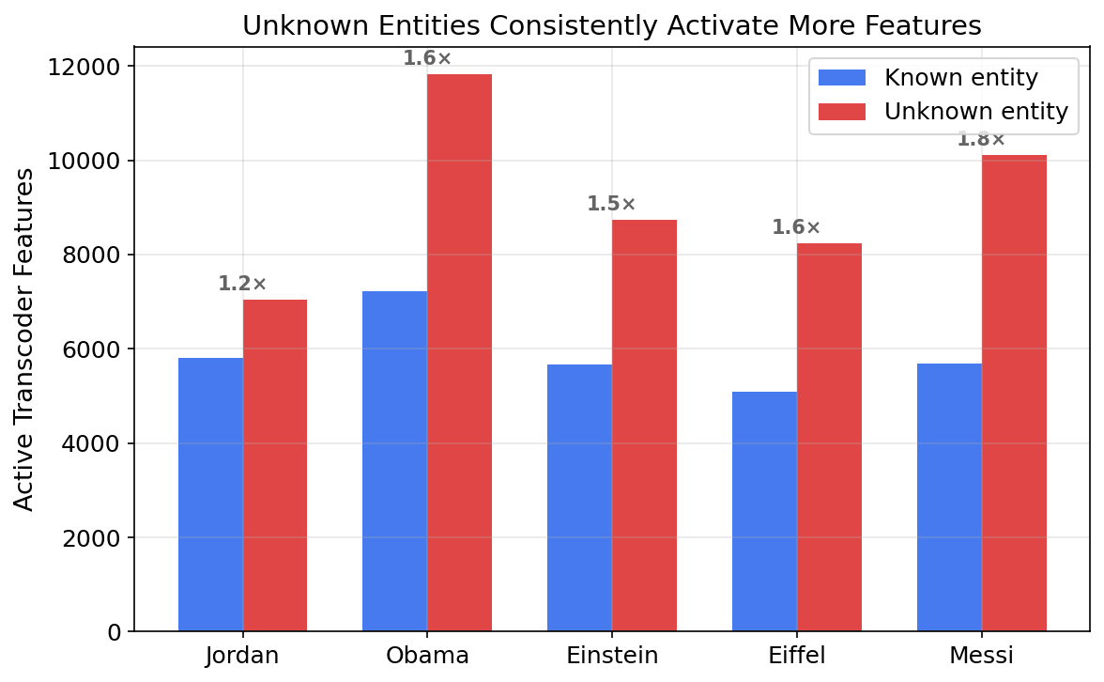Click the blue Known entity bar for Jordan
210,494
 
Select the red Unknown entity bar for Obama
459,352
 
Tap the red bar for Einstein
644,425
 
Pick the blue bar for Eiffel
764,511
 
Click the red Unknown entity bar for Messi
1014,393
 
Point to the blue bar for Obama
394,461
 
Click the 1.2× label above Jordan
242,284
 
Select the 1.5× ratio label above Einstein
611,204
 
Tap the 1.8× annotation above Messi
980,140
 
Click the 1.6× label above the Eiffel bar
796,227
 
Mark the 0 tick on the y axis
115,632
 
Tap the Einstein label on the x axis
612,656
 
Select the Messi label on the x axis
981,656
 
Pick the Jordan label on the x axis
242,656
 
